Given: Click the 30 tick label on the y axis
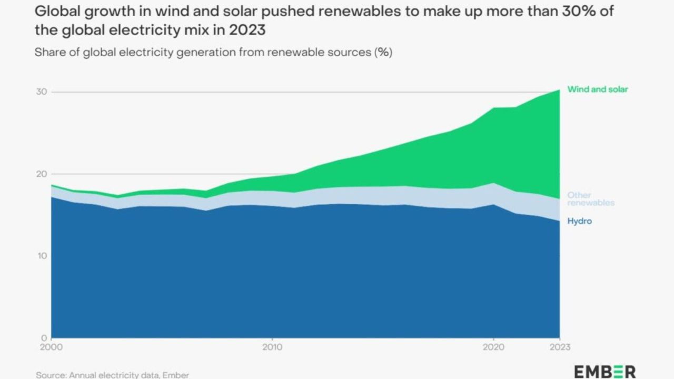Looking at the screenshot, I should coord(42,92).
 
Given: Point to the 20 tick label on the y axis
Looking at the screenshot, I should coord(42,174).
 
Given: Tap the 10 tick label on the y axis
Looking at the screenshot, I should coord(42,256).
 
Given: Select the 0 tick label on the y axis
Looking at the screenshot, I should coord(45,338).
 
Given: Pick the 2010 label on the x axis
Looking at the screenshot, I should coord(272,347).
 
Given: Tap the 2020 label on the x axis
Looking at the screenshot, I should coord(493,347).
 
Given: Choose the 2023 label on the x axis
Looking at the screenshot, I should coord(559,347).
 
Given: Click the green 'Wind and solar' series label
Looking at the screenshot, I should coord(598,89).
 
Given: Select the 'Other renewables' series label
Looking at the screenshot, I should coord(590,199).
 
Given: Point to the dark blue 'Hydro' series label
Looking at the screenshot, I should coord(579,221).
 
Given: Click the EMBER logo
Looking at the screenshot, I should coord(605,371).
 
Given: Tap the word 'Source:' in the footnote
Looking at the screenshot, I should coord(51,375).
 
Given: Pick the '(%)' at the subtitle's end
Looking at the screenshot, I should coord(383,53).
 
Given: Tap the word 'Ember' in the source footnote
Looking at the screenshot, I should coord(176,375).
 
